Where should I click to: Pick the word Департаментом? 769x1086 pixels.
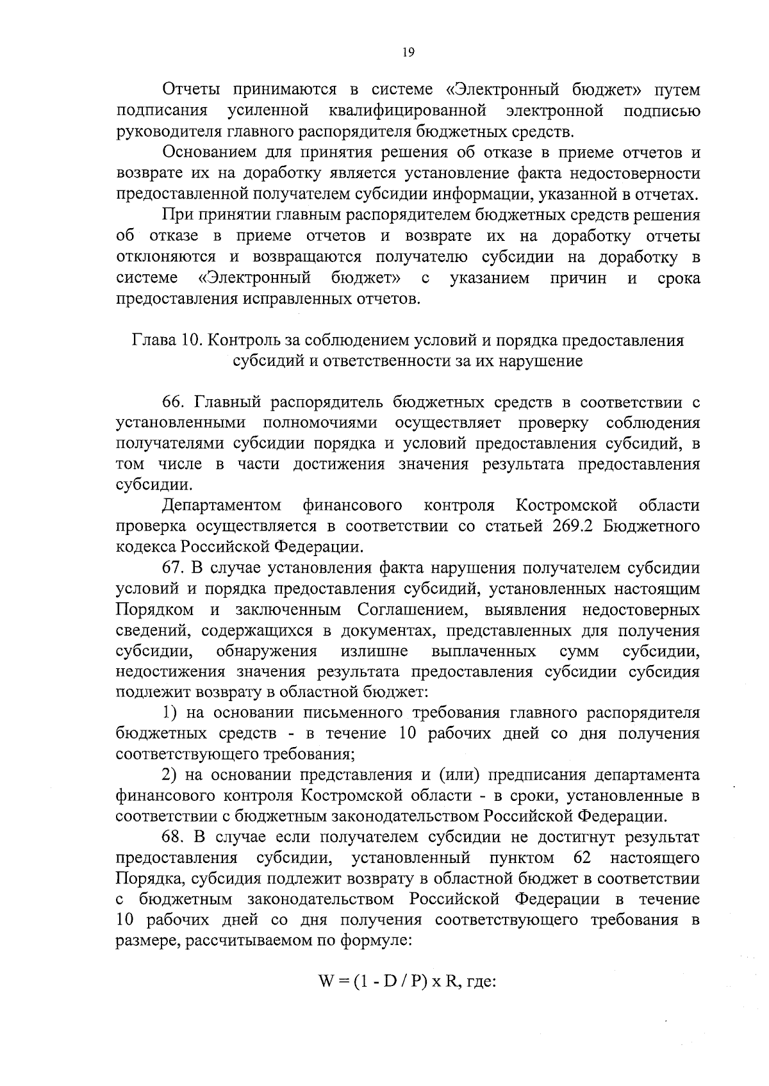(x=222, y=506)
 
